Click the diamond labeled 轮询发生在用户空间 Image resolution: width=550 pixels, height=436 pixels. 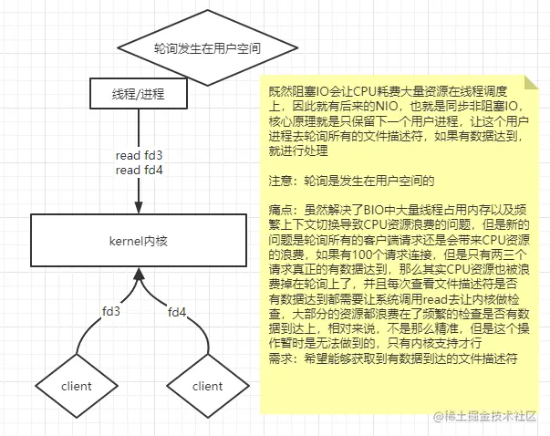tap(208, 47)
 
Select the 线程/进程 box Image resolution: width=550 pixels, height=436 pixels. tap(139, 93)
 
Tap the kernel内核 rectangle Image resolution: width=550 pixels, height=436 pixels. tap(139, 241)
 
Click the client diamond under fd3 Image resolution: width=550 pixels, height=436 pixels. tap(77, 386)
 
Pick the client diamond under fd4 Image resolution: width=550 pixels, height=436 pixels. tap(208, 386)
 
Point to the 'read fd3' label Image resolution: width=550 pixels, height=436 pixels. tap(139, 155)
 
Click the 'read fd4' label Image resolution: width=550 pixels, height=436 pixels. tap(139, 171)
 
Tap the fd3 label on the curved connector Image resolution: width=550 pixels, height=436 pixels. tap(111, 311)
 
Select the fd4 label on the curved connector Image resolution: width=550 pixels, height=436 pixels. tap(177, 312)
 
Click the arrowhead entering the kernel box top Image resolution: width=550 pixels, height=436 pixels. tap(139, 208)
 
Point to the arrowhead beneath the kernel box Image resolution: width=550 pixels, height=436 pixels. tap(139, 274)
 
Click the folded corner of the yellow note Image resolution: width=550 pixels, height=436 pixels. tap(530, 82)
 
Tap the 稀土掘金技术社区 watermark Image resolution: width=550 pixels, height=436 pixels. tap(485, 416)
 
